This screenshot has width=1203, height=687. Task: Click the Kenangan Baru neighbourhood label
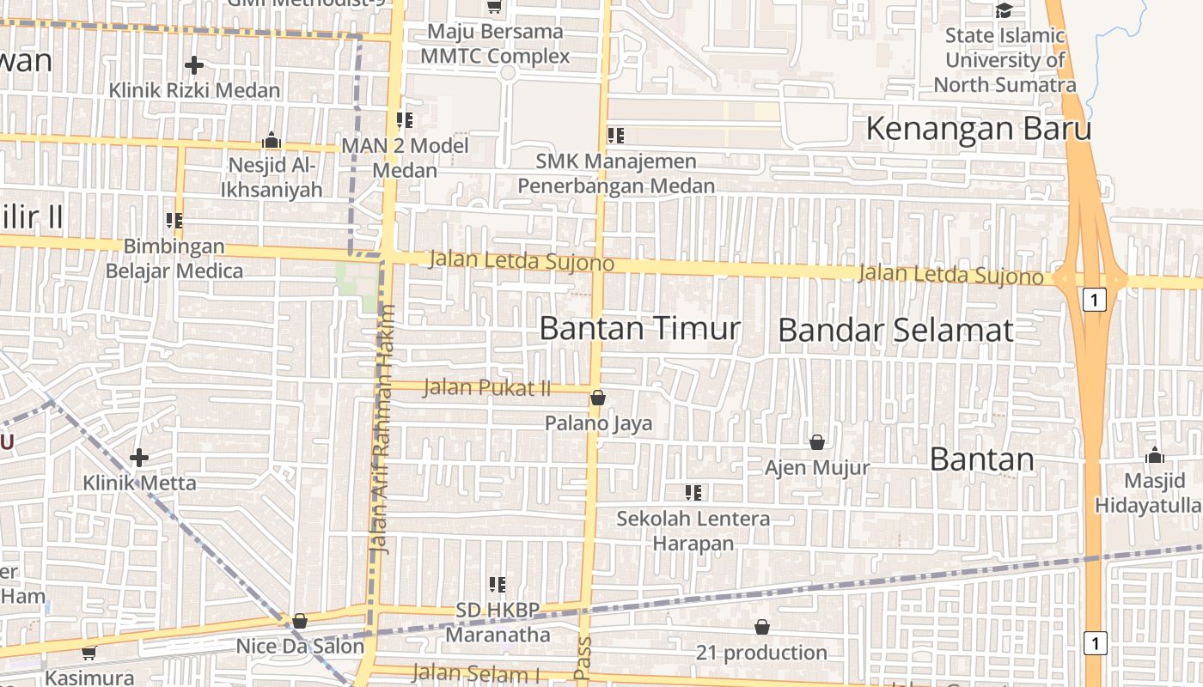pyautogui.click(x=978, y=129)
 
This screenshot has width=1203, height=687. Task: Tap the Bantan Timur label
pyautogui.click(x=640, y=328)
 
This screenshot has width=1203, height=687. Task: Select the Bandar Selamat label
pyautogui.click(x=895, y=331)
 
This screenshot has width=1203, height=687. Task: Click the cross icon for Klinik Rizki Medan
pyautogui.click(x=194, y=64)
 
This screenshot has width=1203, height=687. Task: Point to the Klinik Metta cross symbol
pyautogui.click(x=139, y=458)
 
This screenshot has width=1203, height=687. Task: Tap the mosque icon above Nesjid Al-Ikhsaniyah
pyautogui.click(x=272, y=140)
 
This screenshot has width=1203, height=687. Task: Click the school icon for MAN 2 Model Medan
pyautogui.click(x=405, y=120)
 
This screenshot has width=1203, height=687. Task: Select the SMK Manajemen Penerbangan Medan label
pyautogui.click(x=616, y=173)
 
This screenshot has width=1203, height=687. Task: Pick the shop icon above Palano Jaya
pyautogui.click(x=598, y=398)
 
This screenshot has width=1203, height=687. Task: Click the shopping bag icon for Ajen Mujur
pyautogui.click(x=817, y=442)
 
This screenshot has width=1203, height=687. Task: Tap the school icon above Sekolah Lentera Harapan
pyautogui.click(x=693, y=493)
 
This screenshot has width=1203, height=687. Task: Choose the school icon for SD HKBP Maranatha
pyautogui.click(x=497, y=585)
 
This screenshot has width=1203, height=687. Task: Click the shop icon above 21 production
pyautogui.click(x=761, y=628)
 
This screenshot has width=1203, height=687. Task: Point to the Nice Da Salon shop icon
pyautogui.click(x=300, y=620)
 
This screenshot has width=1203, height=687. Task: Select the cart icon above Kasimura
pyautogui.click(x=89, y=653)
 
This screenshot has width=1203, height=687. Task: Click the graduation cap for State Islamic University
pyautogui.click(x=1004, y=10)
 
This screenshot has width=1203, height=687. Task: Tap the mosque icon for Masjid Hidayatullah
pyautogui.click(x=1155, y=455)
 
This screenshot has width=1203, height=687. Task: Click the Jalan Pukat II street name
pyautogui.click(x=487, y=388)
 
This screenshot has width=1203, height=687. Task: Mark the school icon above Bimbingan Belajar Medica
pyautogui.click(x=174, y=221)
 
